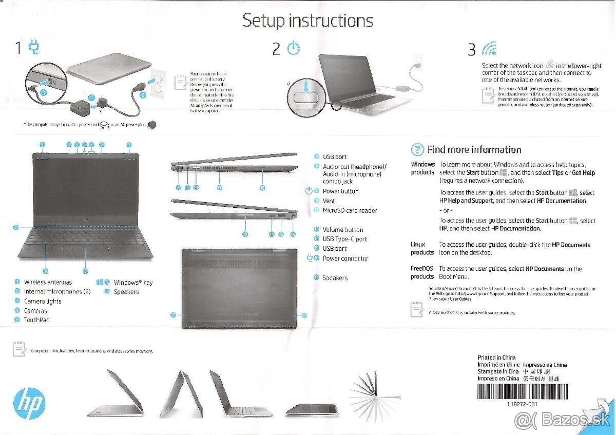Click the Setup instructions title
coord(307,21)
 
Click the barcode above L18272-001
coord(522,391)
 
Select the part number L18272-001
coord(522,404)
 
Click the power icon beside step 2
coord(293,49)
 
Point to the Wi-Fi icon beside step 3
coord(489,49)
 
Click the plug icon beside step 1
coord(34,48)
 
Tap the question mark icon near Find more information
coord(418,150)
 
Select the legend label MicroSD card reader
coord(350,210)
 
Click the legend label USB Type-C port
coord(344,239)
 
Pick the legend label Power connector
coord(345,259)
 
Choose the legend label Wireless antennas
coord(48,282)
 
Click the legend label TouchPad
coord(37,320)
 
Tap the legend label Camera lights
coord(43,301)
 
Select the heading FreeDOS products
coord(422,272)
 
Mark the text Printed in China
coord(496,358)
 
